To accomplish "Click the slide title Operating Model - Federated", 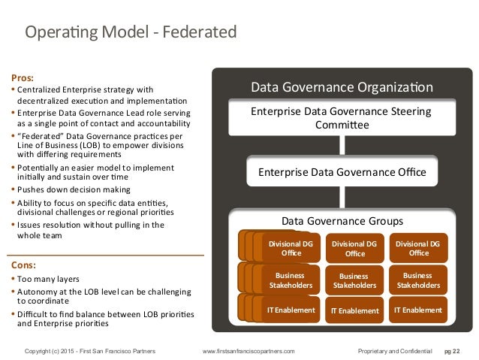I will click(131, 32).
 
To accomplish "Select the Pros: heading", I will click(23, 77).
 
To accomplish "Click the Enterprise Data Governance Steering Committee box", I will click(341, 119).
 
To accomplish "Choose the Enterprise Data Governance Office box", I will click(342, 172).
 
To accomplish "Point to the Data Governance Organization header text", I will click(342, 86).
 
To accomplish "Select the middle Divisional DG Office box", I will click(354, 248).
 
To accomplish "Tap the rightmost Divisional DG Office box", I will click(418, 248).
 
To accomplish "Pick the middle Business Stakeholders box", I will click(354, 280).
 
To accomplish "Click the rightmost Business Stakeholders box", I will click(418, 280).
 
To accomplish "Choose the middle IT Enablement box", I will click(354, 310).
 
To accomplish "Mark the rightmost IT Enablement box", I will click(418, 309).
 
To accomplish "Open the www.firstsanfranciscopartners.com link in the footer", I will click(249, 351).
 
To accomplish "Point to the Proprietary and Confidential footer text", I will click(396, 351).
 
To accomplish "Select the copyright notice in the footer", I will click(94, 351).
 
